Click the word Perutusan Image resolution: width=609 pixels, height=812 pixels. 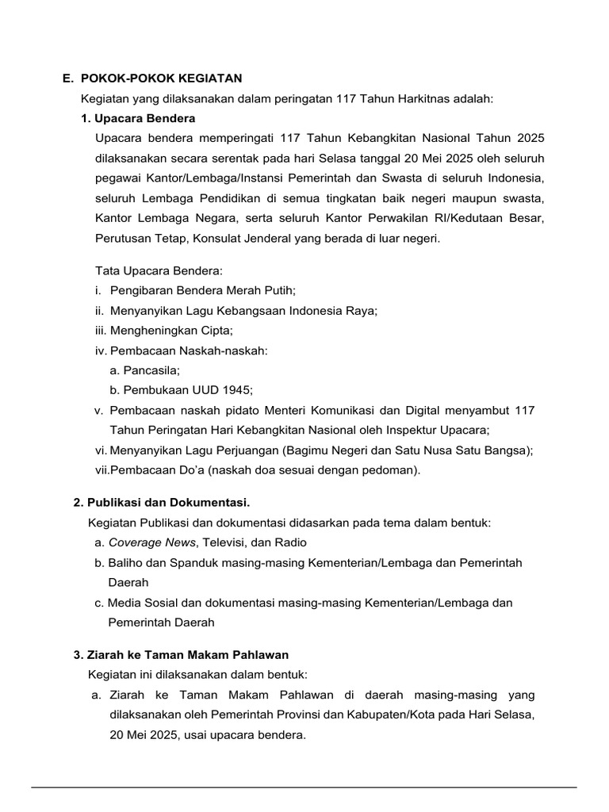point(124,237)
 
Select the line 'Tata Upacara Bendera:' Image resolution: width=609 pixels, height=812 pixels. point(159,270)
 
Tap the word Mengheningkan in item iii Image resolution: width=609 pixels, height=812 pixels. point(159,331)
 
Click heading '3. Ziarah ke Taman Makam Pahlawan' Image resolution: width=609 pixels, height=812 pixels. point(181,655)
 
